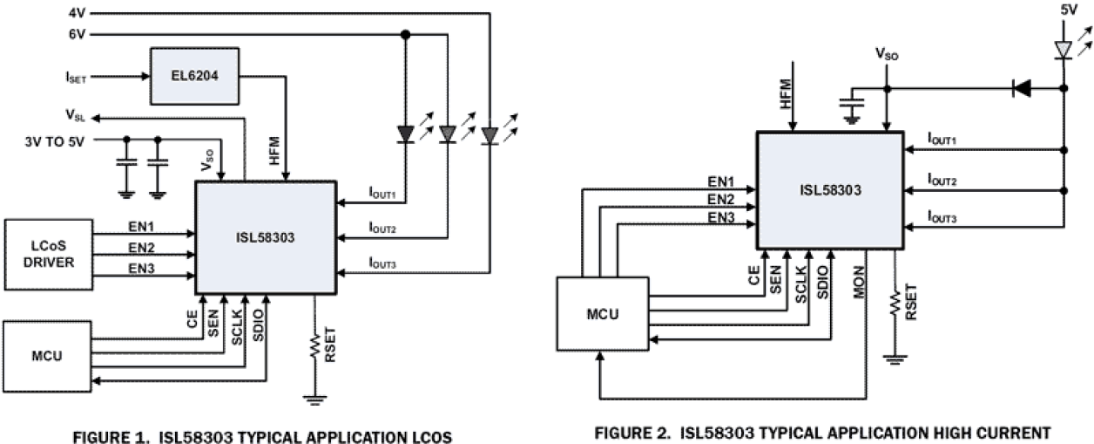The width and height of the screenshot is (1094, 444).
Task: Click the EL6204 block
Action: (x=194, y=77)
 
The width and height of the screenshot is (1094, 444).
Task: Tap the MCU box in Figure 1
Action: (x=48, y=356)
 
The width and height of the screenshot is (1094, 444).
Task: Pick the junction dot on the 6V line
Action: (x=405, y=35)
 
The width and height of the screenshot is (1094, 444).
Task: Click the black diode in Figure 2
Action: (x=1021, y=87)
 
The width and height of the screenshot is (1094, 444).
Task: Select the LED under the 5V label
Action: (x=1063, y=49)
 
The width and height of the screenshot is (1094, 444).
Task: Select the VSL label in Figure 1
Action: (x=76, y=114)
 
